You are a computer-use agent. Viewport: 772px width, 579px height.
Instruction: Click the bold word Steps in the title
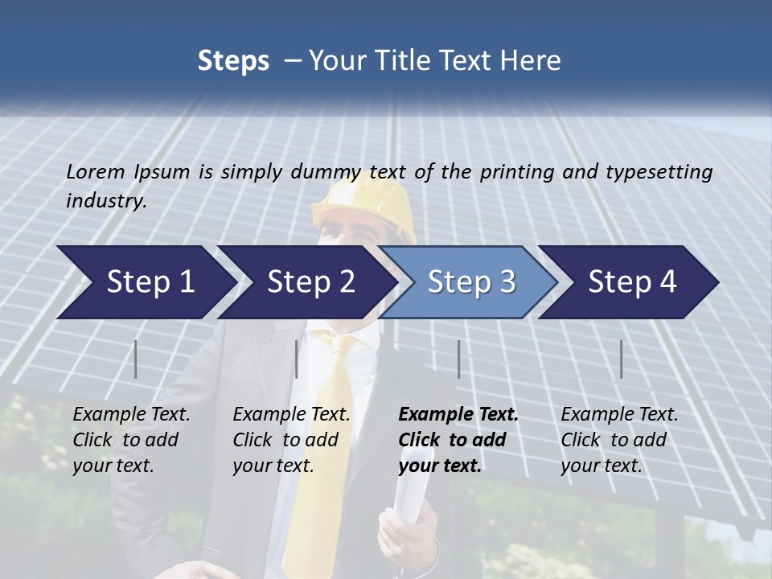[x=233, y=61]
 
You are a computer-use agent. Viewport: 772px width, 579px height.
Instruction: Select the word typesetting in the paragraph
[x=659, y=171]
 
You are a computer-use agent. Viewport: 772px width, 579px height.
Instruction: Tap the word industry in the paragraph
[x=105, y=201]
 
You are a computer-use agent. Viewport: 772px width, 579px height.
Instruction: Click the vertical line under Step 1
[x=136, y=359]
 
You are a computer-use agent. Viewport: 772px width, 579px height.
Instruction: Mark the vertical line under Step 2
[x=297, y=359]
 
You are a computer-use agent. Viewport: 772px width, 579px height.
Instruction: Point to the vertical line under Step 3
[x=458, y=359]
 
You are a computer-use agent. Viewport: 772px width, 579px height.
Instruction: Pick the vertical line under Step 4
[x=621, y=359]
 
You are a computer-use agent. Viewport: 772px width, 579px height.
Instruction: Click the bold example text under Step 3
[x=458, y=440]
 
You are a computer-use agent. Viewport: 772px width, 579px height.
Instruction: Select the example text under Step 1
[x=131, y=440]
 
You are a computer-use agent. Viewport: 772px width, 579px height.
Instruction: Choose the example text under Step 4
[x=619, y=440]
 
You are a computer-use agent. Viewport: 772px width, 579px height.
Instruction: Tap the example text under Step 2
[x=291, y=440]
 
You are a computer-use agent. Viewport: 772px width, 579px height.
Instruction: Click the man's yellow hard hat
[x=363, y=201]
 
